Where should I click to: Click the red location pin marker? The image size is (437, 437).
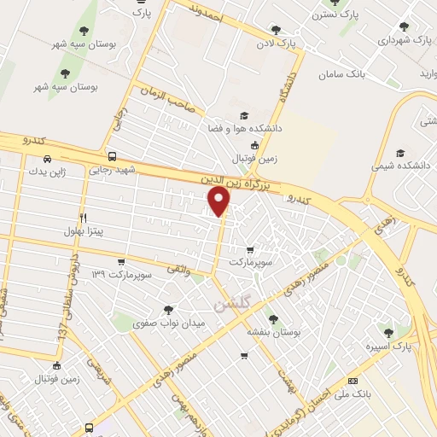(219, 201)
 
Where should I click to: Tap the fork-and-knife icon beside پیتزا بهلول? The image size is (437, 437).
(83, 218)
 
